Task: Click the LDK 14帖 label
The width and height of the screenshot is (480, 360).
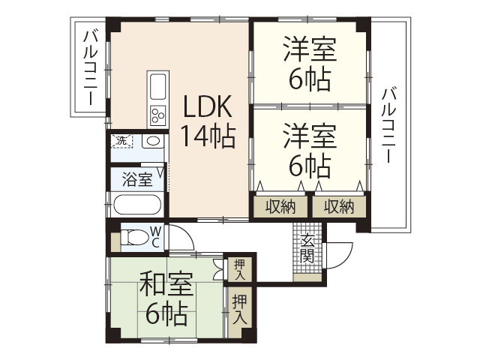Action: click(x=208, y=121)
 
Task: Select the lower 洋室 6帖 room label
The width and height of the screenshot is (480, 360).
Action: click(x=308, y=150)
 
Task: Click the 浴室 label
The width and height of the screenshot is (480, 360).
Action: click(x=137, y=180)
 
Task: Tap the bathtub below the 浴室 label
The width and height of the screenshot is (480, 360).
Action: click(x=137, y=205)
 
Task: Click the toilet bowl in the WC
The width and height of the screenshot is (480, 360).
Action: click(x=136, y=238)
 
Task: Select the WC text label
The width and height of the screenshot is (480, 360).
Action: click(x=155, y=237)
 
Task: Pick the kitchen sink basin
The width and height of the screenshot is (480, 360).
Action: click(x=159, y=88)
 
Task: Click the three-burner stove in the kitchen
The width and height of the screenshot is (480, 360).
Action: click(x=158, y=115)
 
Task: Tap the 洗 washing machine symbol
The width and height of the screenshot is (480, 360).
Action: click(x=121, y=140)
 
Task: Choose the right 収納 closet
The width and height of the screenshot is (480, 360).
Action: click(x=339, y=207)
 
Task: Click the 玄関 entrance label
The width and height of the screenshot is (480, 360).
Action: click(x=308, y=247)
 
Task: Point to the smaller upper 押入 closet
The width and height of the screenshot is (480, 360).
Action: click(x=239, y=268)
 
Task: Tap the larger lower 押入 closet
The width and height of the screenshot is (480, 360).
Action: click(x=239, y=308)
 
